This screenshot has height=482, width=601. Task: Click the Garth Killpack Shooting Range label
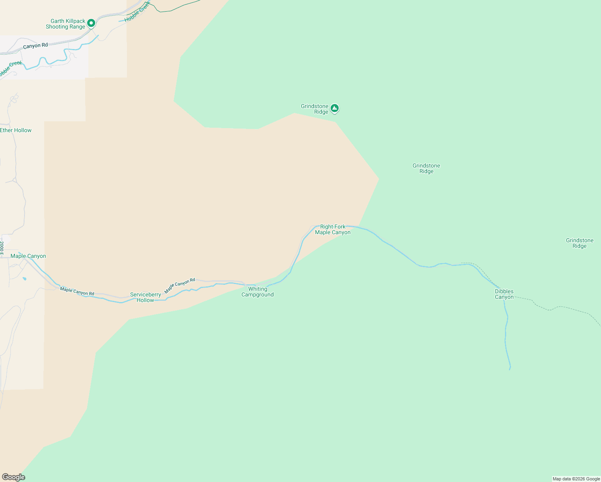pyautogui.click(x=65, y=24)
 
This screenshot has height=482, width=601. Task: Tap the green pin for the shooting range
pyautogui.click(x=91, y=24)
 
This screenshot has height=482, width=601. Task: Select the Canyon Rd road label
pyautogui.click(x=35, y=46)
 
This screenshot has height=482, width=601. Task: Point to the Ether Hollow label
pyautogui.click(x=16, y=131)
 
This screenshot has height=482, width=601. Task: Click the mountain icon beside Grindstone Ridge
pyautogui.click(x=335, y=108)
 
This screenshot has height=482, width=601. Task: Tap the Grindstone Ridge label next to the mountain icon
pyautogui.click(x=315, y=109)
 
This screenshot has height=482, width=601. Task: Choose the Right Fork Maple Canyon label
pyautogui.click(x=333, y=230)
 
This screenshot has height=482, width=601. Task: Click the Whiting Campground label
pyautogui.click(x=258, y=292)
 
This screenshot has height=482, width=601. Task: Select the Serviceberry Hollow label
pyautogui.click(x=145, y=298)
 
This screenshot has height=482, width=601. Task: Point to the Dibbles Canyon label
pyautogui.click(x=504, y=294)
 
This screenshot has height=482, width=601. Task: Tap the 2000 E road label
pyautogui.click(x=2, y=247)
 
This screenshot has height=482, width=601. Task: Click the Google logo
pyautogui.click(x=14, y=477)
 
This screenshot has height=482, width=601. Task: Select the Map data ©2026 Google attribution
pyautogui.click(x=576, y=479)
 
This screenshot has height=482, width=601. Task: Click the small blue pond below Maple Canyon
pyautogui.click(x=25, y=278)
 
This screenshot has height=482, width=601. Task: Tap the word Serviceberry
pyautogui.click(x=145, y=295)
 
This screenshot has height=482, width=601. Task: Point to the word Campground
pyautogui.click(x=258, y=295)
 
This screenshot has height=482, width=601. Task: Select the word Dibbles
pyautogui.click(x=504, y=292)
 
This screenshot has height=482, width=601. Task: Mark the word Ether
pyautogui.click(x=6, y=131)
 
